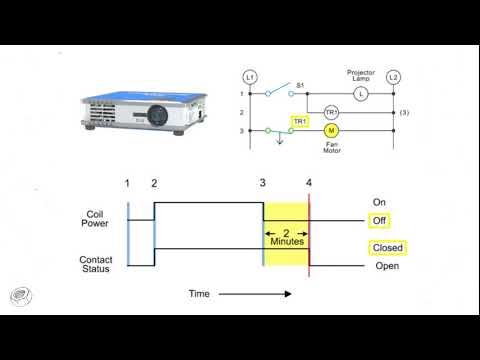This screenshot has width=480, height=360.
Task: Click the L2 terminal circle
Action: click(x=393, y=77)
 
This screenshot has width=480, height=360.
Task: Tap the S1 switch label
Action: click(x=300, y=87)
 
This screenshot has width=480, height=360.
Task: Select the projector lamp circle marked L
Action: click(x=361, y=94)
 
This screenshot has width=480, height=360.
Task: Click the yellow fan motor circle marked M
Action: click(x=332, y=131)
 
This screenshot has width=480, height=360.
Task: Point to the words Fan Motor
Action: click(x=332, y=150)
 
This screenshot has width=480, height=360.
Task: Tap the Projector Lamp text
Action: click(x=361, y=76)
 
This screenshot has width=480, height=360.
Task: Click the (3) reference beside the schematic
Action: click(x=404, y=112)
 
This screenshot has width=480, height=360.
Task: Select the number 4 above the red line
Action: click(x=309, y=183)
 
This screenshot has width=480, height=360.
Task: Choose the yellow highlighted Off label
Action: click(x=379, y=220)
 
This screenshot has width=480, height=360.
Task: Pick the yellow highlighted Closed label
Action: click(x=387, y=248)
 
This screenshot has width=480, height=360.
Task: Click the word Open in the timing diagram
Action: click(x=386, y=266)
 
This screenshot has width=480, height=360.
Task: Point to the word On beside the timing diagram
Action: click(x=379, y=202)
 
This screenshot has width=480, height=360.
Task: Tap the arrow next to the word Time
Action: click(x=256, y=294)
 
